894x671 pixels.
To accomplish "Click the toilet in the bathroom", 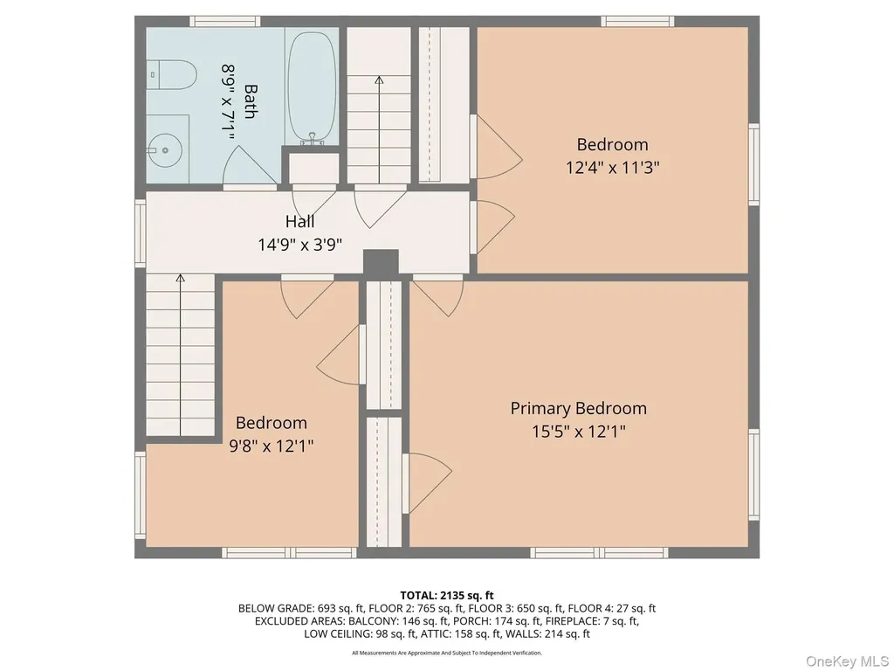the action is [x=172, y=75].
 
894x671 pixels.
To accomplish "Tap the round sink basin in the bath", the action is [x=164, y=150].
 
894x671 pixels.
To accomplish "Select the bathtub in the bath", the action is [x=312, y=86].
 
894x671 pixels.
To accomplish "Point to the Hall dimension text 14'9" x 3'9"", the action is [x=300, y=245].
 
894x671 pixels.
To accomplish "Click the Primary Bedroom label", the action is [x=578, y=409].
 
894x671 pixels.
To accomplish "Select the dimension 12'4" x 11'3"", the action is [x=612, y=168].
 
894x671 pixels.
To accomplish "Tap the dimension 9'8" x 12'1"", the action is [x=272, y=446].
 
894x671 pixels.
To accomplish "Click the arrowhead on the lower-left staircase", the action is [x=180, y=278].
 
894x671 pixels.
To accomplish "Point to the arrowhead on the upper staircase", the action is [x=379, y=80].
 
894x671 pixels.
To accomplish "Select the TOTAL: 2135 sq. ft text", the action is [x=446, y=596].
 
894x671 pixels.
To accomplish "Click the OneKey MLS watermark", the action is [x=847, y=661].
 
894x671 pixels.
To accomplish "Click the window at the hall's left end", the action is [x=141, y=232].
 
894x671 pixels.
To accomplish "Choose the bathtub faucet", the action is [x=312, y=138].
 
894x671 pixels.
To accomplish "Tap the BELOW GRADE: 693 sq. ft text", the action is [x=300, y=608].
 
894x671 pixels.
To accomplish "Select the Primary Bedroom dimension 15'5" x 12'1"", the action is [x=579, y=432].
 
